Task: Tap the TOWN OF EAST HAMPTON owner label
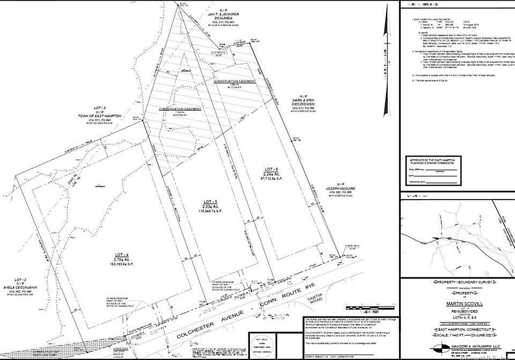(x=106, y=116)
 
